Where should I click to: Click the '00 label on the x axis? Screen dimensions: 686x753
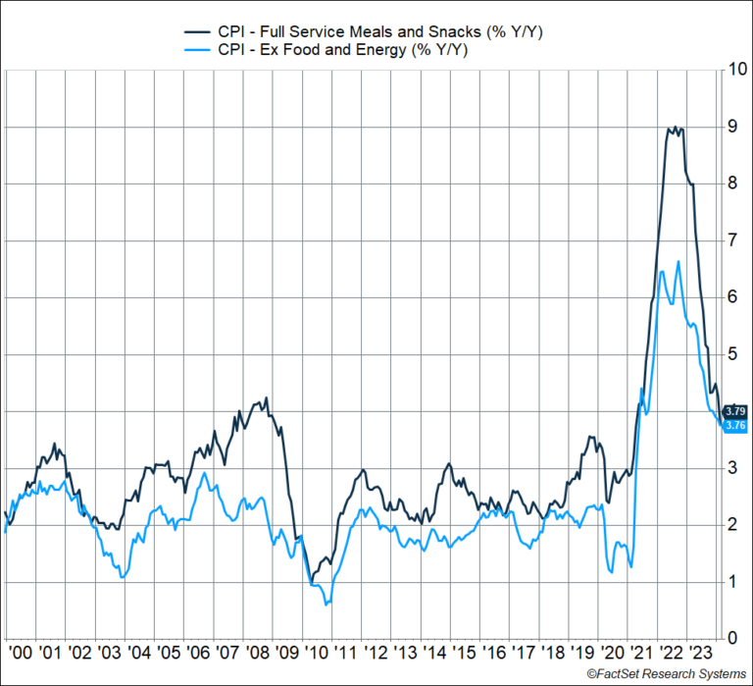pyautogui.click(x=17, y=651)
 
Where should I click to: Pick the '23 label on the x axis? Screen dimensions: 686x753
pyautogui.click(x=702, y=651)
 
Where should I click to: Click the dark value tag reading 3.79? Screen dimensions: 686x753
pyautogui.click(x=735, y=411)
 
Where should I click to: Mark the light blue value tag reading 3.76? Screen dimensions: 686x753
pyautogui.click(x=735, y=425)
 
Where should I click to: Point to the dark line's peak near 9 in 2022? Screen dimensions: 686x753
pyautogui.click(x=671, y=128)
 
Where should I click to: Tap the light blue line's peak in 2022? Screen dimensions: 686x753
pyautogui.click(x=678, y=261)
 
